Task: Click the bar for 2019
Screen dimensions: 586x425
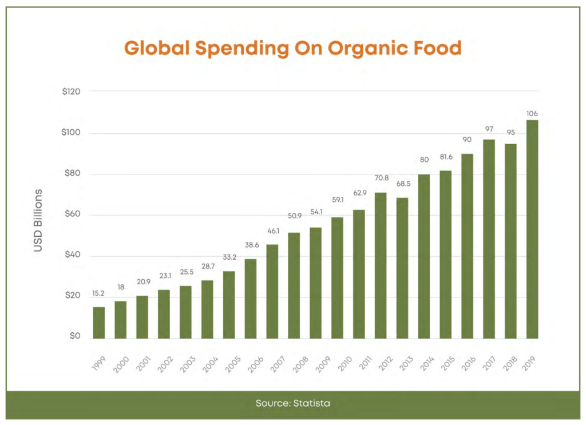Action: point(532,229)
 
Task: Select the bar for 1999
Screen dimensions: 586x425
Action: point(98,323)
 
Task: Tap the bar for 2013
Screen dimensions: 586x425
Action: point(402,268)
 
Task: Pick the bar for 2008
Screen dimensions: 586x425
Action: point(294,285)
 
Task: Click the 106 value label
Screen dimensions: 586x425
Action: point(532,113)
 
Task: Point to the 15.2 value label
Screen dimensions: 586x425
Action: point(98,293)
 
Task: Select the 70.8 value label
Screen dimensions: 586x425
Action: point(382,178)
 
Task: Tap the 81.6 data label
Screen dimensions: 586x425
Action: point(446,157)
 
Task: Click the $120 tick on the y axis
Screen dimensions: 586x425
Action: point(71,92)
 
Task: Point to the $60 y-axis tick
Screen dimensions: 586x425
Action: point(73,214)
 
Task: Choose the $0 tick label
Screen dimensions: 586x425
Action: point(75,336)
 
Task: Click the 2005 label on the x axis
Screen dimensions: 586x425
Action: point(232,364)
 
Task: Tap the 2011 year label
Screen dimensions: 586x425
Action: point(365,363)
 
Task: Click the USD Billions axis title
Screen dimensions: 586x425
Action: point(38,220)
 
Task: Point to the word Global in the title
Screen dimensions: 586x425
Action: point(157,48)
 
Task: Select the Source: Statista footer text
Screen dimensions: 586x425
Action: point(293,403)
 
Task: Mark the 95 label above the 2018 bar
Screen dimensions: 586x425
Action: point(510,133)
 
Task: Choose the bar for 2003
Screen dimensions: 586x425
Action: point(185,312)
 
